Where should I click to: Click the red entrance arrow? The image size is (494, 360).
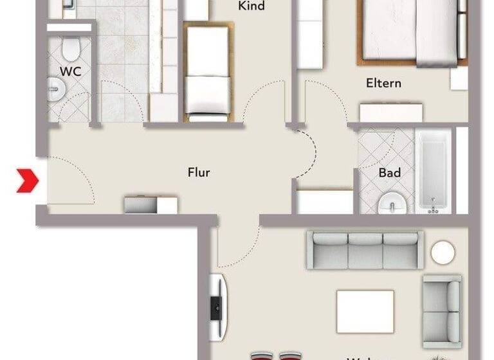coord(28,181)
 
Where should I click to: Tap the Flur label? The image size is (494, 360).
coord(199,172)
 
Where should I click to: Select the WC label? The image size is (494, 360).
coord(70,71)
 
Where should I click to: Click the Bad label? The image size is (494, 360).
coord(390,172)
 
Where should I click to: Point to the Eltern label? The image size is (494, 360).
coord(383,83)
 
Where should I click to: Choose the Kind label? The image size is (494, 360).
coord(252,6)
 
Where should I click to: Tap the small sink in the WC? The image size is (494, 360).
coord(55,88)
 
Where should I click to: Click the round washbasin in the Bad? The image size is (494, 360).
coord(392,204)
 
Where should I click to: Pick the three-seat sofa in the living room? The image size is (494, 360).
coord(365,250)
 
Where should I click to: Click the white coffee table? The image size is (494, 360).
coord(365,312)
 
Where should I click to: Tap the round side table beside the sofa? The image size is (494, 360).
coord(443,252)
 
